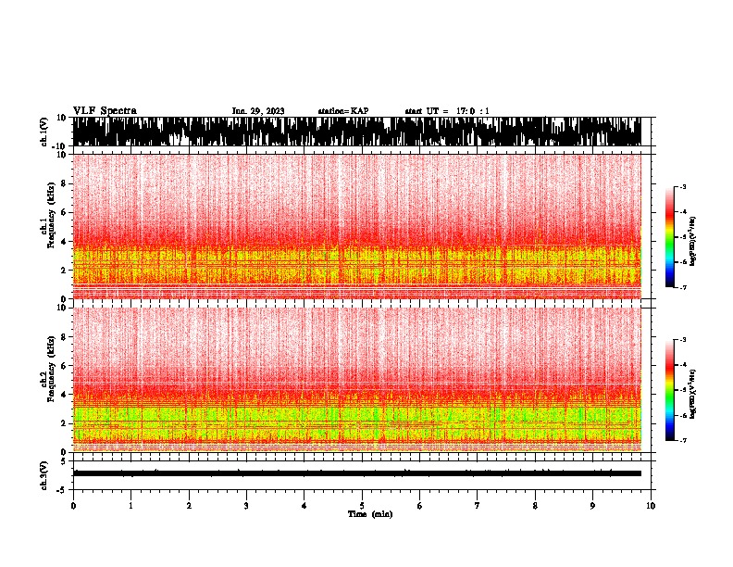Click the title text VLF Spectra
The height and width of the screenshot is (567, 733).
(x=105, y=111)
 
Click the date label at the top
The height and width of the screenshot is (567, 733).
(x=258, y=111)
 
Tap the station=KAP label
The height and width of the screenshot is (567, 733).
(x=343, y=111)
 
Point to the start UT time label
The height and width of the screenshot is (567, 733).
(x=447, y=111)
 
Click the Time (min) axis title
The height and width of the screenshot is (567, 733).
(x=369, y=514)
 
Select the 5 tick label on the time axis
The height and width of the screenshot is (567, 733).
(x=362, y=506)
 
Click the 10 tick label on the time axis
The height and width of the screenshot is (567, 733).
(x=651, y=506)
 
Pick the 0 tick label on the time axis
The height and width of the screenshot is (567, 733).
(x=73, y=506)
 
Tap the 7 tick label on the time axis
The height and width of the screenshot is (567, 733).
(x=478, y=506)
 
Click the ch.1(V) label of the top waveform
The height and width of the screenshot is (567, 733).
(x=44, y=132)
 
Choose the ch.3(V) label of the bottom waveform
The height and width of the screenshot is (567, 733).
(x=44, y=473)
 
